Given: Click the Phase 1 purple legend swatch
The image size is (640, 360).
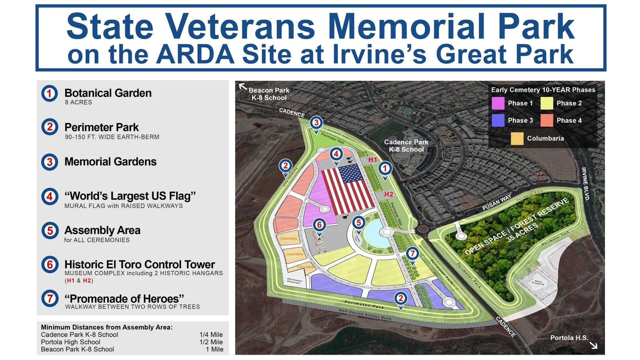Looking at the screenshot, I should [498, 103].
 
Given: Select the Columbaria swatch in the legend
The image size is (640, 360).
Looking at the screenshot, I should [517, 139].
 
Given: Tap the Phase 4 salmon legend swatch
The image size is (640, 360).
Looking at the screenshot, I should [547, 120].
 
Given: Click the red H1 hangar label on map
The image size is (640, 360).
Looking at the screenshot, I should [372, 160].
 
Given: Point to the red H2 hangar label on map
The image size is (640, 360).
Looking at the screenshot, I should [388, 194].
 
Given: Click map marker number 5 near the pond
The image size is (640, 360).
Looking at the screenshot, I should [359, 223].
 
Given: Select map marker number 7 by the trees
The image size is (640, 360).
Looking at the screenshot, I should [412, 253].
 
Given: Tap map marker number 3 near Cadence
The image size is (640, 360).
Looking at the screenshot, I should [316, 123].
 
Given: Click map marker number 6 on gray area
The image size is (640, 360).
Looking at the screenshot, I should [319, 225].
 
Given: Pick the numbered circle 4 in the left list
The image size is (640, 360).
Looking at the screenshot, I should [50, 196].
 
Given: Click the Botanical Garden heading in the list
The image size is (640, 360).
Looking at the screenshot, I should [108, 93].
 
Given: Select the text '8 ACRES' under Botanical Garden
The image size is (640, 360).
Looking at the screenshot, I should [78, 102].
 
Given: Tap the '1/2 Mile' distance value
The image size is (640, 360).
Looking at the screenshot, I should [211, 342].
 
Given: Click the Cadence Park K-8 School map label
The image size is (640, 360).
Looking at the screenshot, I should [406, 146].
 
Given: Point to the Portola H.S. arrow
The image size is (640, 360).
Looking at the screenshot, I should [593, 345].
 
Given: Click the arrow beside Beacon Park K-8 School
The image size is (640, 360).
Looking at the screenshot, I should [243, 87].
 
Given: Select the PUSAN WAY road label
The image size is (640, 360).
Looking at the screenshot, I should [496, 203].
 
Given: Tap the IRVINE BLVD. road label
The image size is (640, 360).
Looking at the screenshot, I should [585, 184].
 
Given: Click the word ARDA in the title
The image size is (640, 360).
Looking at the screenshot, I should [196, 54].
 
